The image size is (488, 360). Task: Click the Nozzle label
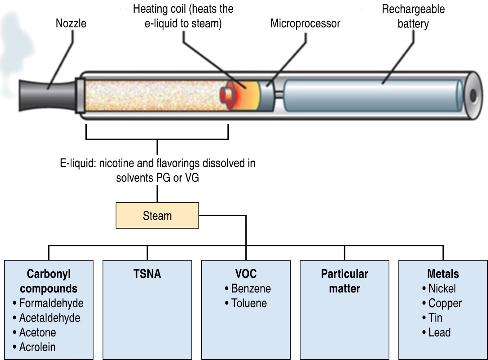71,23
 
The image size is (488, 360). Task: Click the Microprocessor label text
305,24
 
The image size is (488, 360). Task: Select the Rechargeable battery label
413,16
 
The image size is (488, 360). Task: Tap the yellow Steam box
157,216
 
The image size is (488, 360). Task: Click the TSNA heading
147,274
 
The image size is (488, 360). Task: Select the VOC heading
246,274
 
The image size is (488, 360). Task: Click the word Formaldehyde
51,303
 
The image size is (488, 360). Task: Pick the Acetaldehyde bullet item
50,318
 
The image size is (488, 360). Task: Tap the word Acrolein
37,347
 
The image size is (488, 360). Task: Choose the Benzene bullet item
251,288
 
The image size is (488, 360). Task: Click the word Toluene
249,303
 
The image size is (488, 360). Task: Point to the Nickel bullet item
442,288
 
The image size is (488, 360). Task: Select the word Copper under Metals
445,303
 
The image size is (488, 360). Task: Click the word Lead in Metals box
439,332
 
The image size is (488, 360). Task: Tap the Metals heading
443,274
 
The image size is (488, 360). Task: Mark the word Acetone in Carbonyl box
37,332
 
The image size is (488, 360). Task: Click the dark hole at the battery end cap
473,95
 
